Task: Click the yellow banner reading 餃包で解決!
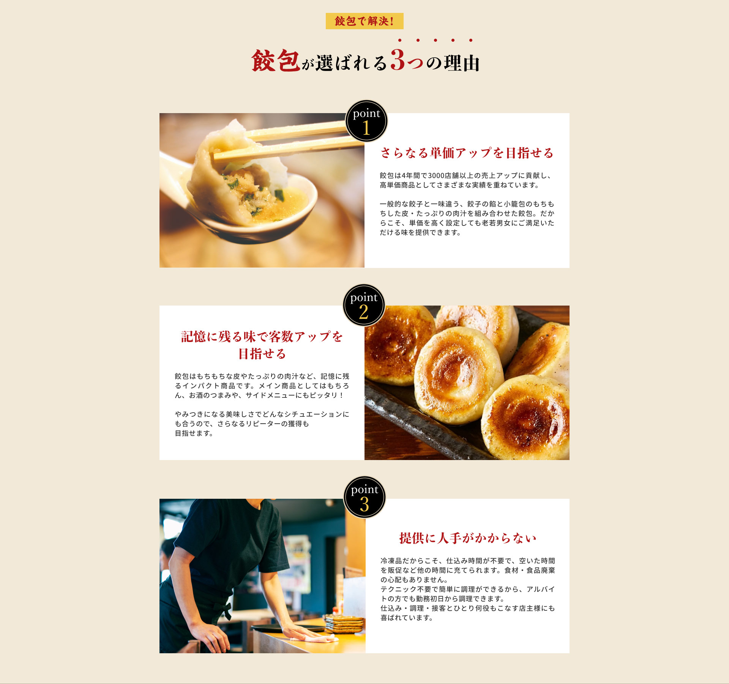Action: tap(364, 21)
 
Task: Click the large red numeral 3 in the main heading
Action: tap(398, 60)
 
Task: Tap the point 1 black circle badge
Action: tap(366, 121)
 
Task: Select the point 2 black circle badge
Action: tap(364, 305)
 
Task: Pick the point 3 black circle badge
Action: tap(364, 497)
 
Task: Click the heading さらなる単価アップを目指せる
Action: tap(467, 153)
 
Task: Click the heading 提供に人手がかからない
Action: tap(468, 538)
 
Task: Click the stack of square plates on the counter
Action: tap(344, 624)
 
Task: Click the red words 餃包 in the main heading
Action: tap(276, 61)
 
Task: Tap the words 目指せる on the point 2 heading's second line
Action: tap(262, 354)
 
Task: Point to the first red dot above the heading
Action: tap(400, 40)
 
